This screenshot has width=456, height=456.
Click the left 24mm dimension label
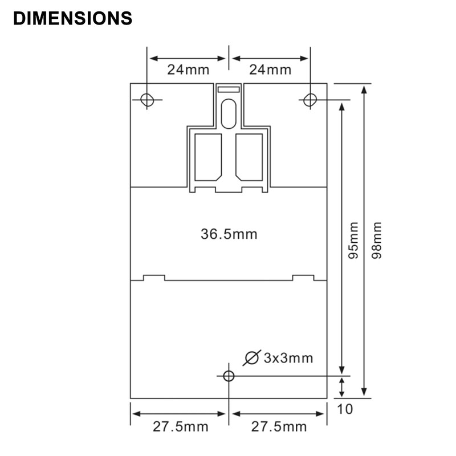188,70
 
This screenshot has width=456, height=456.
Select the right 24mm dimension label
270,70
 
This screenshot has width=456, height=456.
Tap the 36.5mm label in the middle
229,234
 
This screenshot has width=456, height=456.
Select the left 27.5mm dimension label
180,427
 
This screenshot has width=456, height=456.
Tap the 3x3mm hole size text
288,358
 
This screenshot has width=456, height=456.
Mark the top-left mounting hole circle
147,100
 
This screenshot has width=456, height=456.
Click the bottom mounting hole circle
229,376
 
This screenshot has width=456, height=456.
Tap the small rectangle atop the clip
229,89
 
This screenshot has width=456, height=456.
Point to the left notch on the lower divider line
154,277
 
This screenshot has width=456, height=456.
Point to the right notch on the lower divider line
303,277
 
